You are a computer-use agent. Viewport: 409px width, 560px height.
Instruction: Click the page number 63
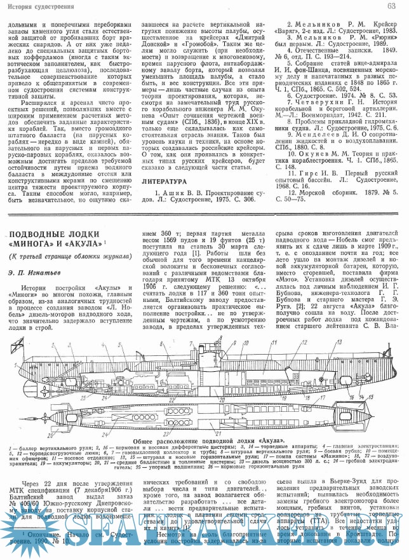[392, 6]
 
